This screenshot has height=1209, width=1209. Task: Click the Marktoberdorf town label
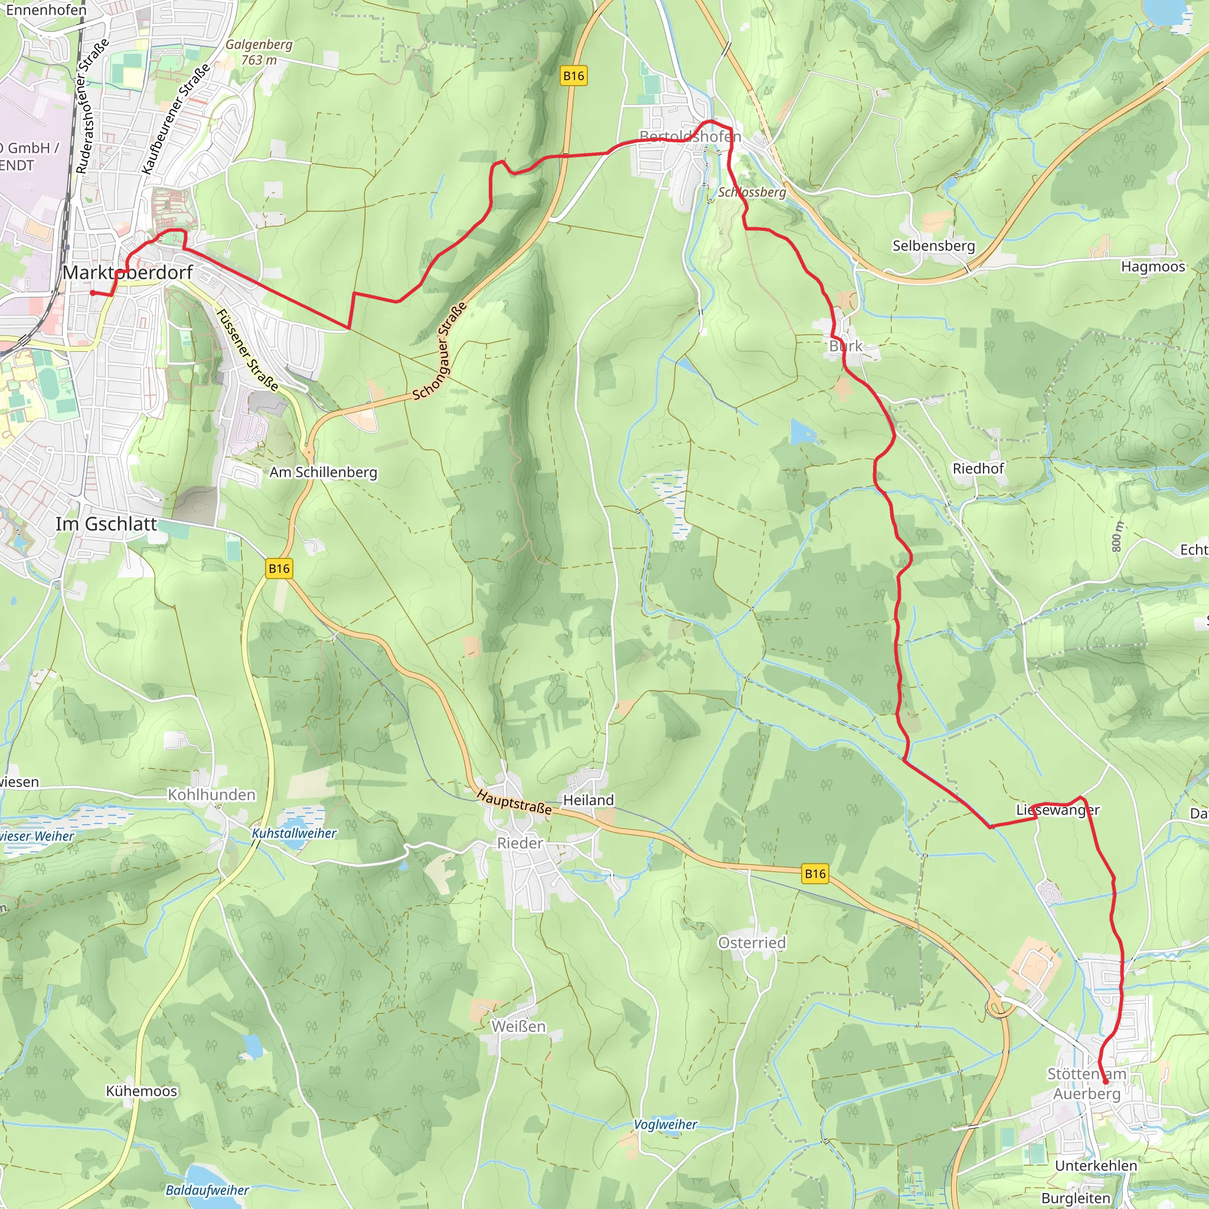(128, 273)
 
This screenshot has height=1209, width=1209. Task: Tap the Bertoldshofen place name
(690, 136)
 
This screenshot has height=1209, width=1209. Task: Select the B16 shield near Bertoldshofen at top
(573, 76)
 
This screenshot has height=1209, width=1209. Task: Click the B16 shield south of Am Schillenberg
(279, 568)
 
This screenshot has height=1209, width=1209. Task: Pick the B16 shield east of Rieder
(815, 874)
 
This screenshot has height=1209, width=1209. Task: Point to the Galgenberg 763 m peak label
(259, 52)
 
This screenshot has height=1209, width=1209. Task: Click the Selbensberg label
(933, 246)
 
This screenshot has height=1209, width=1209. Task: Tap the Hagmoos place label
(1153, 267)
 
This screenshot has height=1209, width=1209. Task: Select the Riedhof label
(978, 469)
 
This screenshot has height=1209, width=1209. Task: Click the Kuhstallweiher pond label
(294, 834)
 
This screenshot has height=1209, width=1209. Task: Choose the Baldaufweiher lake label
(207, 1190)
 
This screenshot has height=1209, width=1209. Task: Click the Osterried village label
(751, 942)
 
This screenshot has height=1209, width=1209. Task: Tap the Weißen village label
(518, 1027)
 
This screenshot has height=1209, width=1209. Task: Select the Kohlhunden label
(211, 795)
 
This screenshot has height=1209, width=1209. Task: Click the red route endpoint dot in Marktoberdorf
(93, 292)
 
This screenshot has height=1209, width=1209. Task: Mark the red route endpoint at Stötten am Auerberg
(1105, 1081)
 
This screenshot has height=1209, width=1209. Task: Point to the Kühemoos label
(142, 1092)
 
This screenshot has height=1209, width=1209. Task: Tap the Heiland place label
(588, 800)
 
